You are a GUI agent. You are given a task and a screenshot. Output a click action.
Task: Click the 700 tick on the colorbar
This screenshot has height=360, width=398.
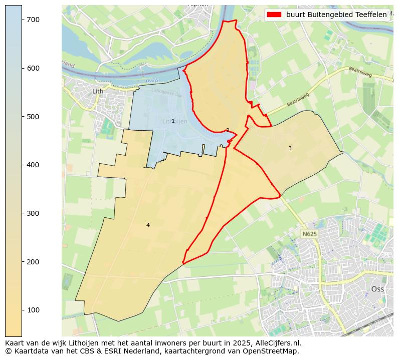33,20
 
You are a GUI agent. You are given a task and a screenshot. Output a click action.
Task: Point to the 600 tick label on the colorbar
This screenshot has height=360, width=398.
33,68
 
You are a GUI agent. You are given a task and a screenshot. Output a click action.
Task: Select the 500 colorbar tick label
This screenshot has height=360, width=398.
33,117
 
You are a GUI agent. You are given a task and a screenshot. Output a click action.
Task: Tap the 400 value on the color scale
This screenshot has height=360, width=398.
33,165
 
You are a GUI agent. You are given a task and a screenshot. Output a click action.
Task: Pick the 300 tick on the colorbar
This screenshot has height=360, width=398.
33,213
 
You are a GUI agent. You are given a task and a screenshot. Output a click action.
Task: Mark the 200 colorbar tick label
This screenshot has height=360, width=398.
33,262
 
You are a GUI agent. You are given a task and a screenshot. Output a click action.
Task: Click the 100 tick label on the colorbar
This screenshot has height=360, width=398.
33,310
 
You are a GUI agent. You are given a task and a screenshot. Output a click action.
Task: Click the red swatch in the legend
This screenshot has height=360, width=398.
274,15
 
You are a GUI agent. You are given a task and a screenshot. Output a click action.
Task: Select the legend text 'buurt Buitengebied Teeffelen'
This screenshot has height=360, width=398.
336,15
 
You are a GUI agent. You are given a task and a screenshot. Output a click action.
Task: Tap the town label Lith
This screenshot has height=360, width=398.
98,91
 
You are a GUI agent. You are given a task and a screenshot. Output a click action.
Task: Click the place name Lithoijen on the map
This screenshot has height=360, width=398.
175,122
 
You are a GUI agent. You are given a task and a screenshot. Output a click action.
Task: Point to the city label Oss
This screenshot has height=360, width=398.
377,289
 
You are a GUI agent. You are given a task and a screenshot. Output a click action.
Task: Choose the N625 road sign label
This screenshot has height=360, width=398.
310,234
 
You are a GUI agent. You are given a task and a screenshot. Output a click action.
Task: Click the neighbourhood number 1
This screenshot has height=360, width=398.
173,121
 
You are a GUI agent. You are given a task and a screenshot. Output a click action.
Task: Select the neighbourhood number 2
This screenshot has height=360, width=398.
228,130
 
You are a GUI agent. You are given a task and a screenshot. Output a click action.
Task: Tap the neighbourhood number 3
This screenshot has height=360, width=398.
290,148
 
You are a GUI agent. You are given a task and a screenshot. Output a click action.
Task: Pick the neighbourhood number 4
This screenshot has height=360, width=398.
148,225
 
